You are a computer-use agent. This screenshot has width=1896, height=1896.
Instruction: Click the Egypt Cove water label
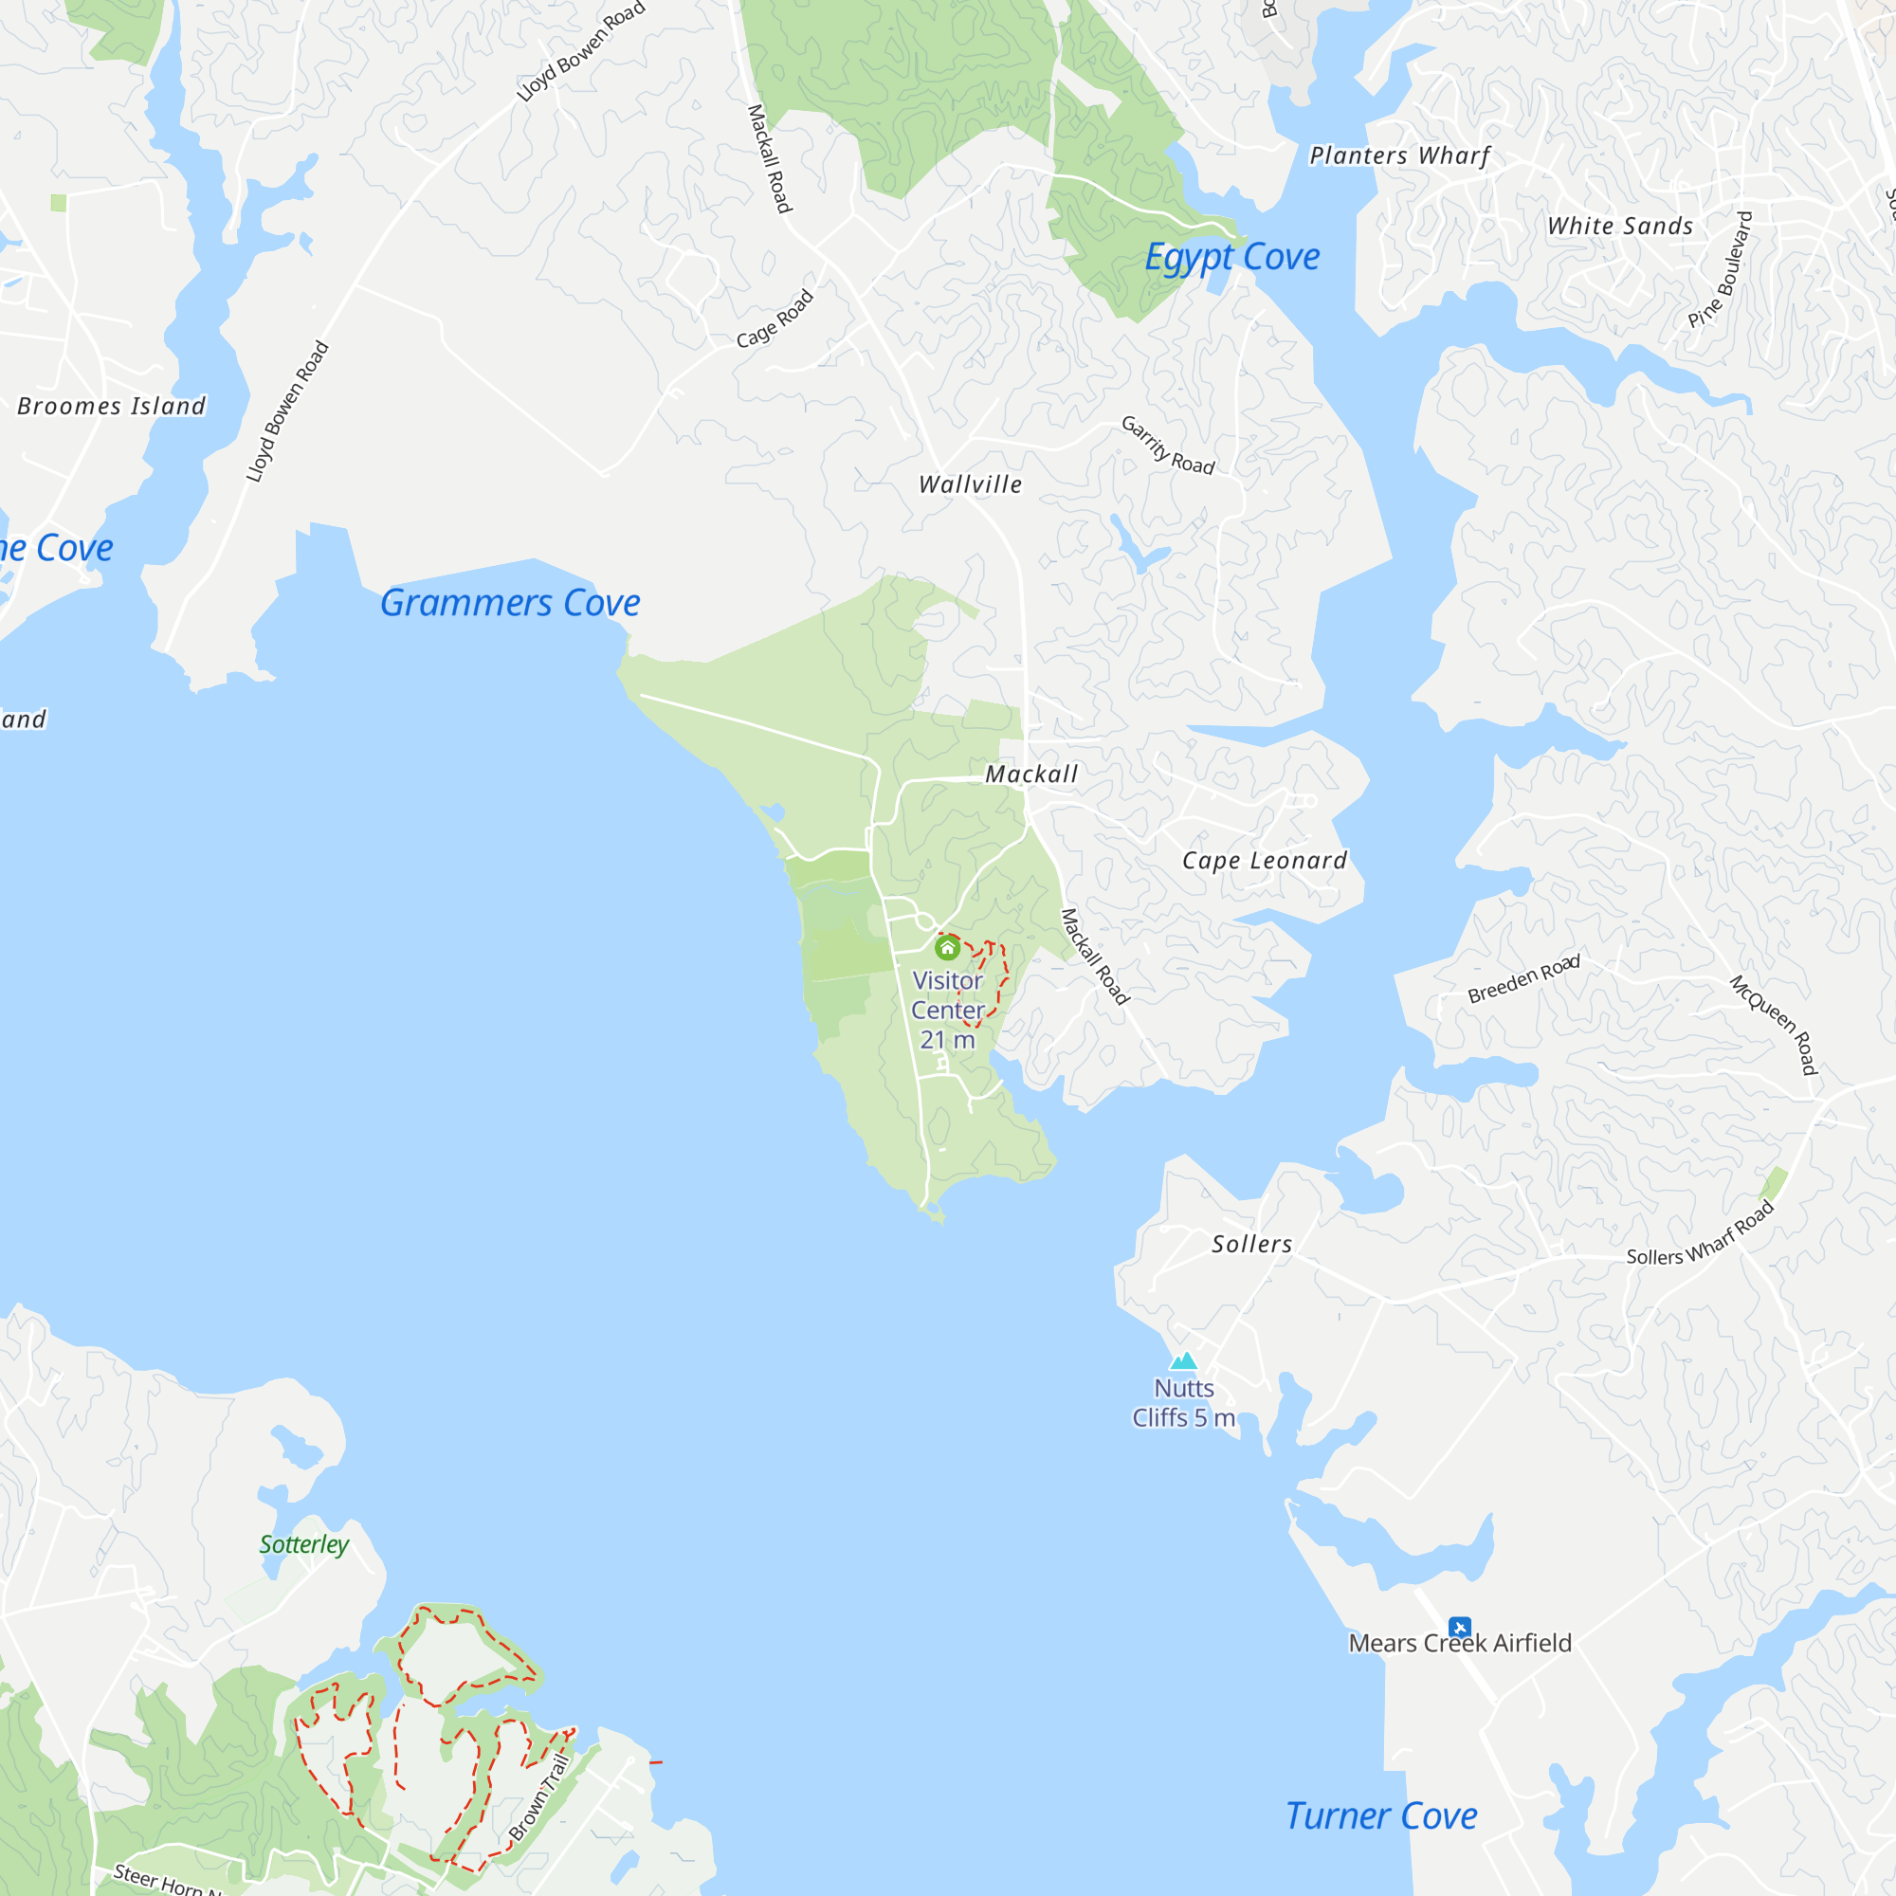tap(1231, 257)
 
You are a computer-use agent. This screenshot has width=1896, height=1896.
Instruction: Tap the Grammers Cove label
tap(509, 603)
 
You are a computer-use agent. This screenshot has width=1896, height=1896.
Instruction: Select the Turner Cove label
tap(1381, 1815)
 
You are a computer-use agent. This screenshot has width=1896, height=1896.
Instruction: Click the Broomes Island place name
tap(112, 407)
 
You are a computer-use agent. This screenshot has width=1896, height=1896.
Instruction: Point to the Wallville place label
tap(970, 483)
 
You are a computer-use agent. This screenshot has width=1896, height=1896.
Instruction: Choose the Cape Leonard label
tap(1264, 861)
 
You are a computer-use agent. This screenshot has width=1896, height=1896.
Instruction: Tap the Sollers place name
tap(1251, 1245)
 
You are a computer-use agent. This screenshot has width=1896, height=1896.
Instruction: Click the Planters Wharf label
tap(1399, 155)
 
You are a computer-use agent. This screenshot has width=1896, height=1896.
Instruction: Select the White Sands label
tap(1619, 226)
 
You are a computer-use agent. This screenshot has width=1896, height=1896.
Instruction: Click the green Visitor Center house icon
tap(947, 948)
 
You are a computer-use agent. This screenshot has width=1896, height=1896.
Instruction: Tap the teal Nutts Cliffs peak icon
tap(1183, 1360)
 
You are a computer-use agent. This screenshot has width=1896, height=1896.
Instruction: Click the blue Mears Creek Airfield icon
tap(1459, 1627)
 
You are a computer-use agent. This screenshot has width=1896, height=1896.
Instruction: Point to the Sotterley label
tap(304, 1543)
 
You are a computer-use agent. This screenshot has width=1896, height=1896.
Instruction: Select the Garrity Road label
tap(1168, 445)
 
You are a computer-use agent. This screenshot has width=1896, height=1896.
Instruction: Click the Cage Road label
tap(775, 318)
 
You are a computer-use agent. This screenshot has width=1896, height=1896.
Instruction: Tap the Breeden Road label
tap(1523, 978)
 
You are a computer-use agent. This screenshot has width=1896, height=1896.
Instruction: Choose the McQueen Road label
tap(1774, 1025)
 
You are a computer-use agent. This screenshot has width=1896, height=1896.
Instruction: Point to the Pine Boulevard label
tap(1720, 269)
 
